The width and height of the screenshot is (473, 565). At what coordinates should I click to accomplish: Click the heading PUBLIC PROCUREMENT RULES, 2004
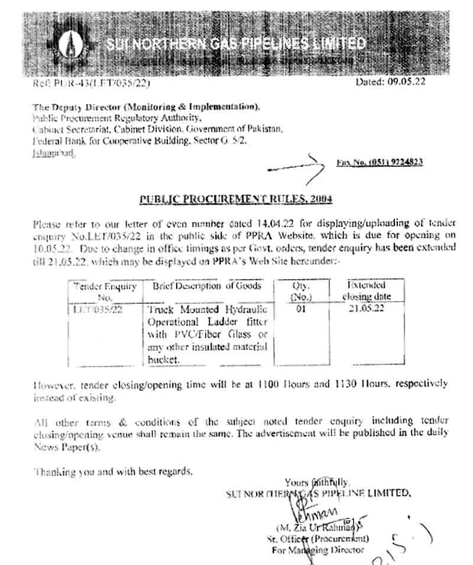(235, 199)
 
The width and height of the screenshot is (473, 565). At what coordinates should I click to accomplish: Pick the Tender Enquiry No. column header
(105, 291)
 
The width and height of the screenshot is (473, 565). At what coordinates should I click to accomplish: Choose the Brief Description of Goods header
(208, 286)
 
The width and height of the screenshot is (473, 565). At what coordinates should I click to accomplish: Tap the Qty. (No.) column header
(302, 291)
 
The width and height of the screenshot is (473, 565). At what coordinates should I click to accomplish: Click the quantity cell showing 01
(302, 309)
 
